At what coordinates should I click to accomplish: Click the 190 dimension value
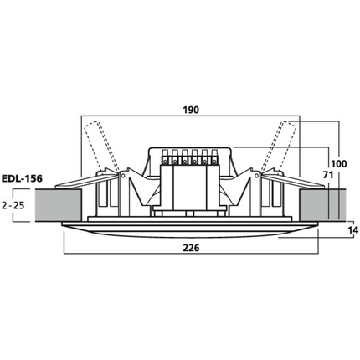point(191,110)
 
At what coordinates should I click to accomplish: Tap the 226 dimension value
point(191,248)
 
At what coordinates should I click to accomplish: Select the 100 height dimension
point(339,164)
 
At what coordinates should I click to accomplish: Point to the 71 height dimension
point(328,175)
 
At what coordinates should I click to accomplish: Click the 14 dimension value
point(353,230)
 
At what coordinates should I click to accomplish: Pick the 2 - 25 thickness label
point(13,206)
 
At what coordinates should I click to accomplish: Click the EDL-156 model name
point(22,178)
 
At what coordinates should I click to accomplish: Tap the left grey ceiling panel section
point(59,206)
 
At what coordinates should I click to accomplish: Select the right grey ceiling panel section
point(322,204)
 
